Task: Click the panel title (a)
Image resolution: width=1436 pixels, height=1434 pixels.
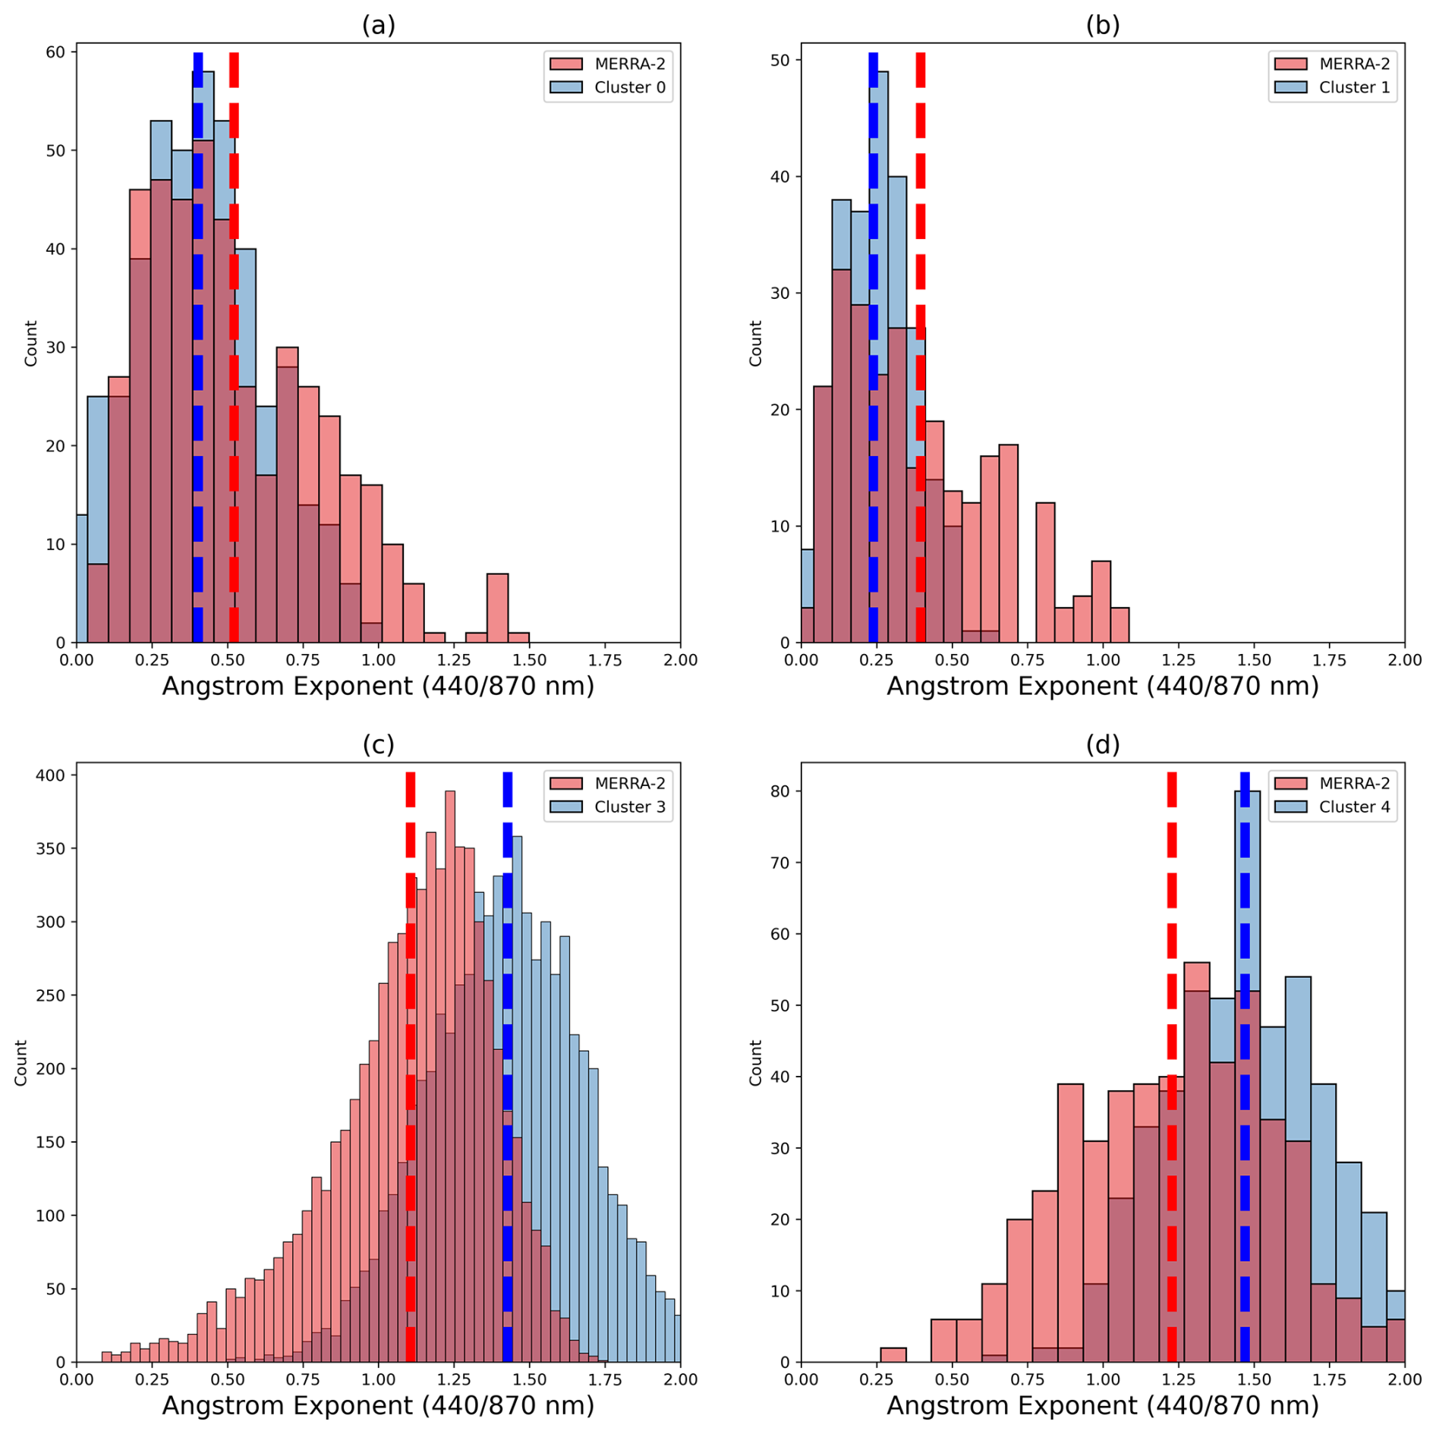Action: (x=378, y=26)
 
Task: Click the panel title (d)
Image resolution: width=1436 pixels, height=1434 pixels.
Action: (x=1102, y=745)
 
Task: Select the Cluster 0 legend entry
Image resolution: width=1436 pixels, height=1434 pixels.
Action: (x=607, y=87)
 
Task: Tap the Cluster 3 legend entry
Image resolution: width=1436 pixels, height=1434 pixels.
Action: (x=607, y=807)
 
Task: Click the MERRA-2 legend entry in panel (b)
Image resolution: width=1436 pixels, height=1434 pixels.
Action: (x=1332, y=64)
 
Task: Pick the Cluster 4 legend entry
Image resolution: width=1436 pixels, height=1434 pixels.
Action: (x=1332, y=807)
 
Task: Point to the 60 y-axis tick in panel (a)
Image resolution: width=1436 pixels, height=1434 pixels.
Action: (x=56, y=52)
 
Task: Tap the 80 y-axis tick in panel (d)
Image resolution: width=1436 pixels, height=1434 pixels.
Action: (x=780, y=791)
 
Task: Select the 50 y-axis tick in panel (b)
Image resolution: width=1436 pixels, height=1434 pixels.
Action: (x=780, y=61)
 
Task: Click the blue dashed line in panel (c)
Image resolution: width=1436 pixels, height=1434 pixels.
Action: (x=507, y=1062)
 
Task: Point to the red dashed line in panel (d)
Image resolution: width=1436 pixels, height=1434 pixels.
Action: (x=1171, y=1062)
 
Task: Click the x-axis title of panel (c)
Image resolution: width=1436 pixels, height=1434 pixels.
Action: (x=378, y=1405)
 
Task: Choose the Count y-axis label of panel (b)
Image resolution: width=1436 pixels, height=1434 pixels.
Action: (x=755, y=343)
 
